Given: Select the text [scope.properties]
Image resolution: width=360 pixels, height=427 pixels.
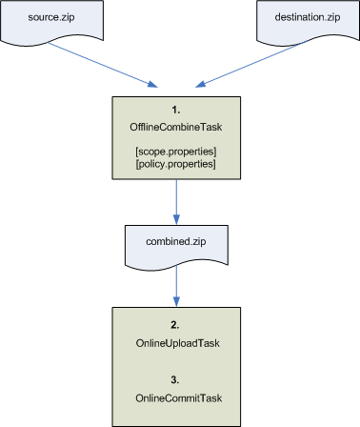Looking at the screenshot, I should click(x=177, y=152).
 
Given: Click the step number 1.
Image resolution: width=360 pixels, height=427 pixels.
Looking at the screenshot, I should click(x=177, y=109).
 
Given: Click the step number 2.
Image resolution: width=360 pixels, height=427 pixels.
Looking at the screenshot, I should click(x=177, y=323).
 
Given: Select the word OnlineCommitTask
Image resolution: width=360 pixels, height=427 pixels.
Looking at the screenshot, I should click(x=177, y=391).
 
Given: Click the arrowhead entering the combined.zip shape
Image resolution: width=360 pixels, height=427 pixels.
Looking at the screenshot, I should click(x=177, y=218).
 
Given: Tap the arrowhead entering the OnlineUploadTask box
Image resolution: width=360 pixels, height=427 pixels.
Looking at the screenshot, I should click(x=177, y=301).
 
